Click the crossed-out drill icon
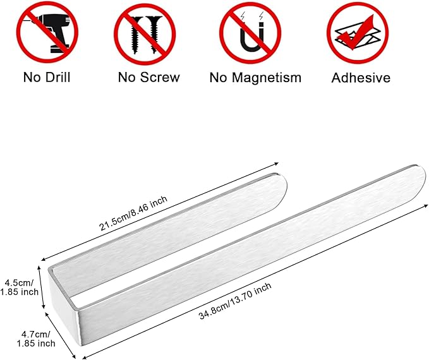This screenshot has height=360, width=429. pyautogui.click(x=47, y=33)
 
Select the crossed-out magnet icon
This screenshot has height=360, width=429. pyautogui.click(x=250, y=33)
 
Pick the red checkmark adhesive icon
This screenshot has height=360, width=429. pyautogui.click(x=358, y=33)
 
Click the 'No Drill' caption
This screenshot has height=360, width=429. pyautogui.click(x=47, y=78)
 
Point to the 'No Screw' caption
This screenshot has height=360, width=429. pyautogui.click(x=149, y=78)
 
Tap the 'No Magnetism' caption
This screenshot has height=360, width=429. pyautogui.click(x=255, y=78)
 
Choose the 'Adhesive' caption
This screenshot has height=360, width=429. pyautogui.click(x=361, y=78)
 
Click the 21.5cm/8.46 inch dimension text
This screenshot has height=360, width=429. pyautogui.click(x=133, y=213)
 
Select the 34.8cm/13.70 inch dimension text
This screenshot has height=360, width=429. pyautogui.click(x=235, y=301)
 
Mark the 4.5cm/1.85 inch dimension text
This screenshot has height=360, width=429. pyautogui.click(x=19, y=287)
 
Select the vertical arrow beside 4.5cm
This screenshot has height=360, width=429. pyautogui.click(x=41, y=287)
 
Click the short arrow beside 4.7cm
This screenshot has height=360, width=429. pyautogui.click(x=60, y=335)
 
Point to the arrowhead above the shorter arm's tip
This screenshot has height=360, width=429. pyautogui.click(x=276, y=164)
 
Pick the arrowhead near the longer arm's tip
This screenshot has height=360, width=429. pyautogui.click(x=425, y=205)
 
